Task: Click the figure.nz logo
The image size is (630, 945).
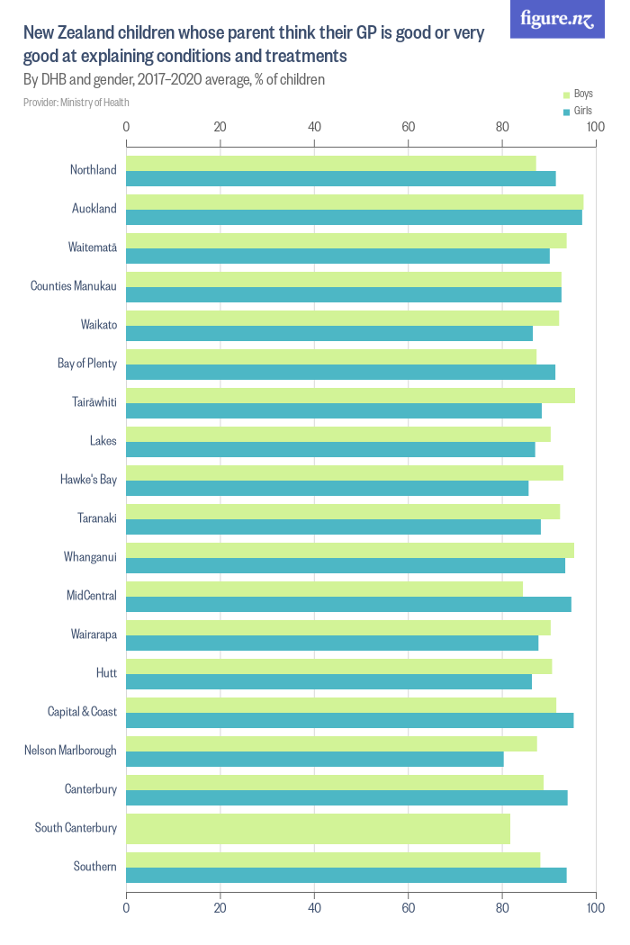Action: click(x=557, y=20)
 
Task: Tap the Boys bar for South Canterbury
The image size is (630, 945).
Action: click(x=318, y=828)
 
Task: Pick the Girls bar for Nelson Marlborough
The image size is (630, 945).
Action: click(x=315, y=759)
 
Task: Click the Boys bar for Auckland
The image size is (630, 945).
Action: click(x=355, y=202)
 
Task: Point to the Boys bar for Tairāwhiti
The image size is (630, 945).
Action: click(x=350, y=395)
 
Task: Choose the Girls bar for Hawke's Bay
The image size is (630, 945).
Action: click(x=327, y=488)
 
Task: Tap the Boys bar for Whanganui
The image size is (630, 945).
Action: click(x=350, y=550)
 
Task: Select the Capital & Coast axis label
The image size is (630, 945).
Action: click(x=82, y=712)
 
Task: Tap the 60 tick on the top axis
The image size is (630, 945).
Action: click(x=408, y=127)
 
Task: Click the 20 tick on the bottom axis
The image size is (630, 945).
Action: click(x=220, y=908)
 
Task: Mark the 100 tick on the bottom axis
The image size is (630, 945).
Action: click(x=595, y=908)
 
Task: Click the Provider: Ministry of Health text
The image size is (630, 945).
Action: click(x=76, y=103)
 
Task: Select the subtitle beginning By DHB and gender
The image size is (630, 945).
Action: click(x=174, y=79)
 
